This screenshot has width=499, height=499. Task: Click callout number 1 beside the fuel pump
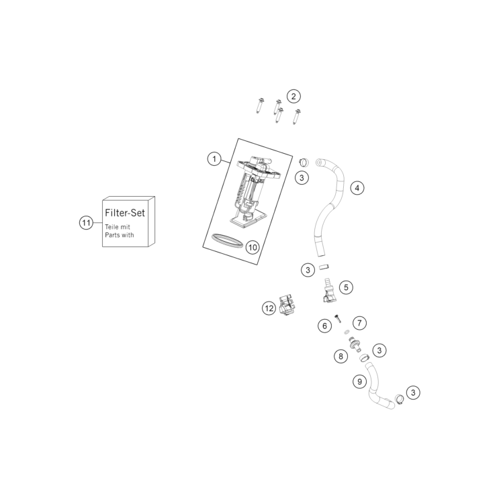(214, 158)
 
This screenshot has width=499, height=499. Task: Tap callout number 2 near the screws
(293, 96)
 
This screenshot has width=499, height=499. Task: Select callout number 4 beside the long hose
(357, 188)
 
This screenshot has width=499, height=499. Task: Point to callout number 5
(346, 287)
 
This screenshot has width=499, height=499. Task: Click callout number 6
(324, 326)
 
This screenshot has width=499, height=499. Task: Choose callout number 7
(359, 323)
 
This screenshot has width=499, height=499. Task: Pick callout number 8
(341, 356)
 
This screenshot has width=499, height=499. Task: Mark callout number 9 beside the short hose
(359, 381)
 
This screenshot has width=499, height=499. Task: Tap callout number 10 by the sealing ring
(253, 247)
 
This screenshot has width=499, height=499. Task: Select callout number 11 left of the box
(86, 222)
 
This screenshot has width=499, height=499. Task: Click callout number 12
(269, 308)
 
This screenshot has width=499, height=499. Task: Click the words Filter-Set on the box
(125, 213)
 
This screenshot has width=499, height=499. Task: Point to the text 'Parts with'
(120, 235)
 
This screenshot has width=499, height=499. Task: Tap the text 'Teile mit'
(118, 227)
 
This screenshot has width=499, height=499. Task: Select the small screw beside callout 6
(338, 318)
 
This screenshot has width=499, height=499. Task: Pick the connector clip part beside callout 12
(287, 305)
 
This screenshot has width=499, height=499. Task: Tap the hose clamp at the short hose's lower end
(400, 398)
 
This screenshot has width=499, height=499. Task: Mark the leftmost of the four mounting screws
(261, 105)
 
